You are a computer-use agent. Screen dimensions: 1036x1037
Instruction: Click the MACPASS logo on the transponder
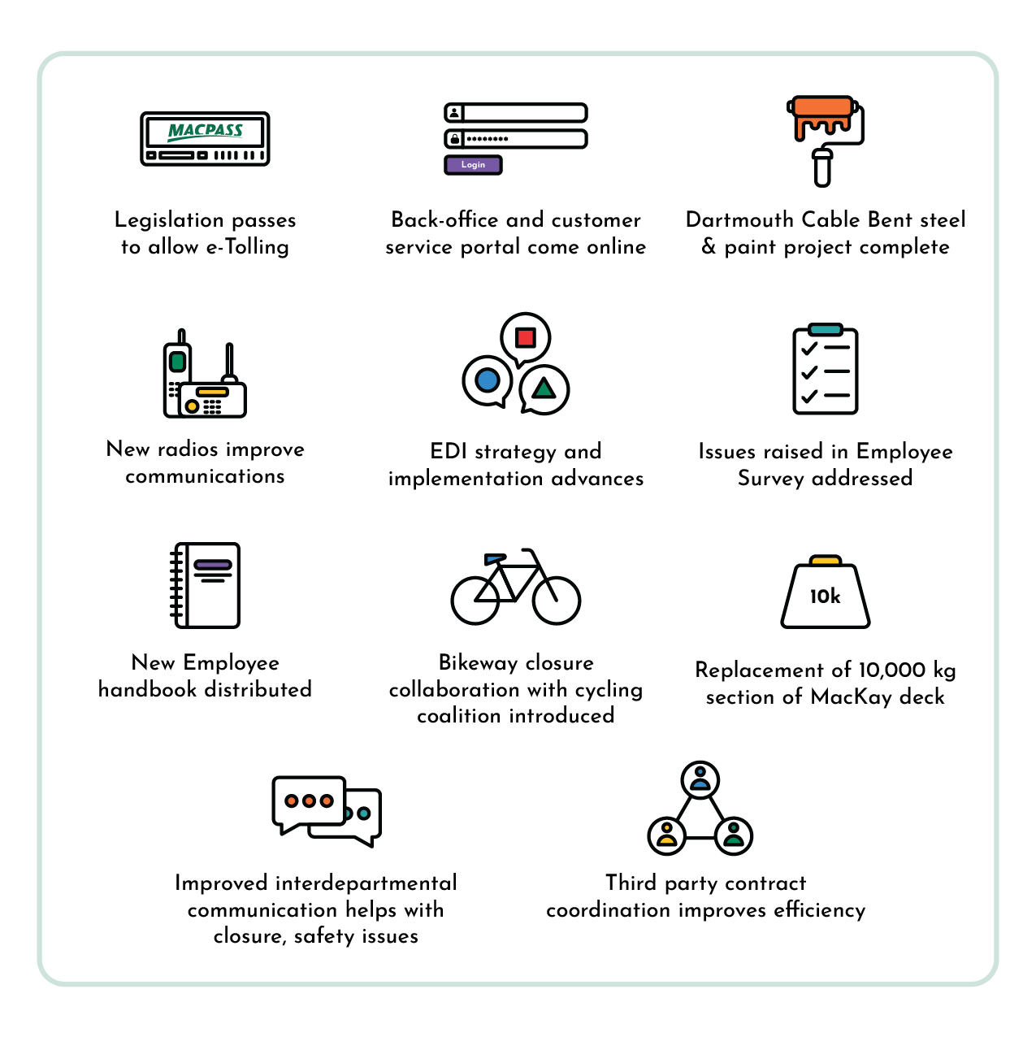pos(205,130)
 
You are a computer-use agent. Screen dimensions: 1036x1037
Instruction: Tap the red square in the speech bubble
pos(526,336)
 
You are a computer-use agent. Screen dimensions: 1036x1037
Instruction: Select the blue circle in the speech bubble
pos(488,379)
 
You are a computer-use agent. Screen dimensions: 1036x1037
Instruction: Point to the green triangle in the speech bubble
pos(544,388)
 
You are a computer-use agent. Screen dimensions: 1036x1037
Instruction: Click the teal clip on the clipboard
pos(826,329)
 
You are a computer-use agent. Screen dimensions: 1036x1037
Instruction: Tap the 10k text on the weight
pos(825,597)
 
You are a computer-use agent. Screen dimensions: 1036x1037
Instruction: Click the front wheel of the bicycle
pos(557,600)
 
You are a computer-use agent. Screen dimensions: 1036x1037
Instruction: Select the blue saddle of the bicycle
pos(494,558)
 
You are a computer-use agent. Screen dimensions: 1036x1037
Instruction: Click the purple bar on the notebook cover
pos(213,565)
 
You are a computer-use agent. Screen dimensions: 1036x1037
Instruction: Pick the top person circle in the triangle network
pos(700,780)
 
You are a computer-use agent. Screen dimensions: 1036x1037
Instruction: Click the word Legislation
pos(169,220)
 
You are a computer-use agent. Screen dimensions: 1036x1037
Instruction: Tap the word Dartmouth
pos(739,220)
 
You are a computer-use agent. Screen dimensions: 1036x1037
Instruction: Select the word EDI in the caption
pos(449,452)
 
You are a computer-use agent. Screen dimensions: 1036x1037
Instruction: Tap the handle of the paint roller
pos(822,168)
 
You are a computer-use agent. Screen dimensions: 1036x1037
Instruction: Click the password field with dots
pos(524,139)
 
